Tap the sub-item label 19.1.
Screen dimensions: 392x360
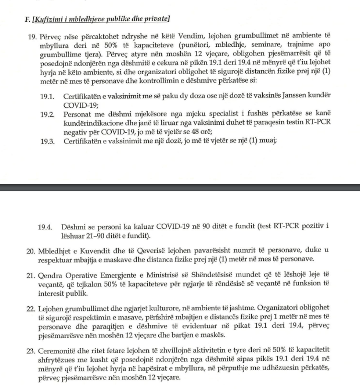point(47,97)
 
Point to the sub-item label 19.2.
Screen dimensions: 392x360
point(47,114)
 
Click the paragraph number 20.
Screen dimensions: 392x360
point(31,251)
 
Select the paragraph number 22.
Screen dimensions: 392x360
point(31,308)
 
